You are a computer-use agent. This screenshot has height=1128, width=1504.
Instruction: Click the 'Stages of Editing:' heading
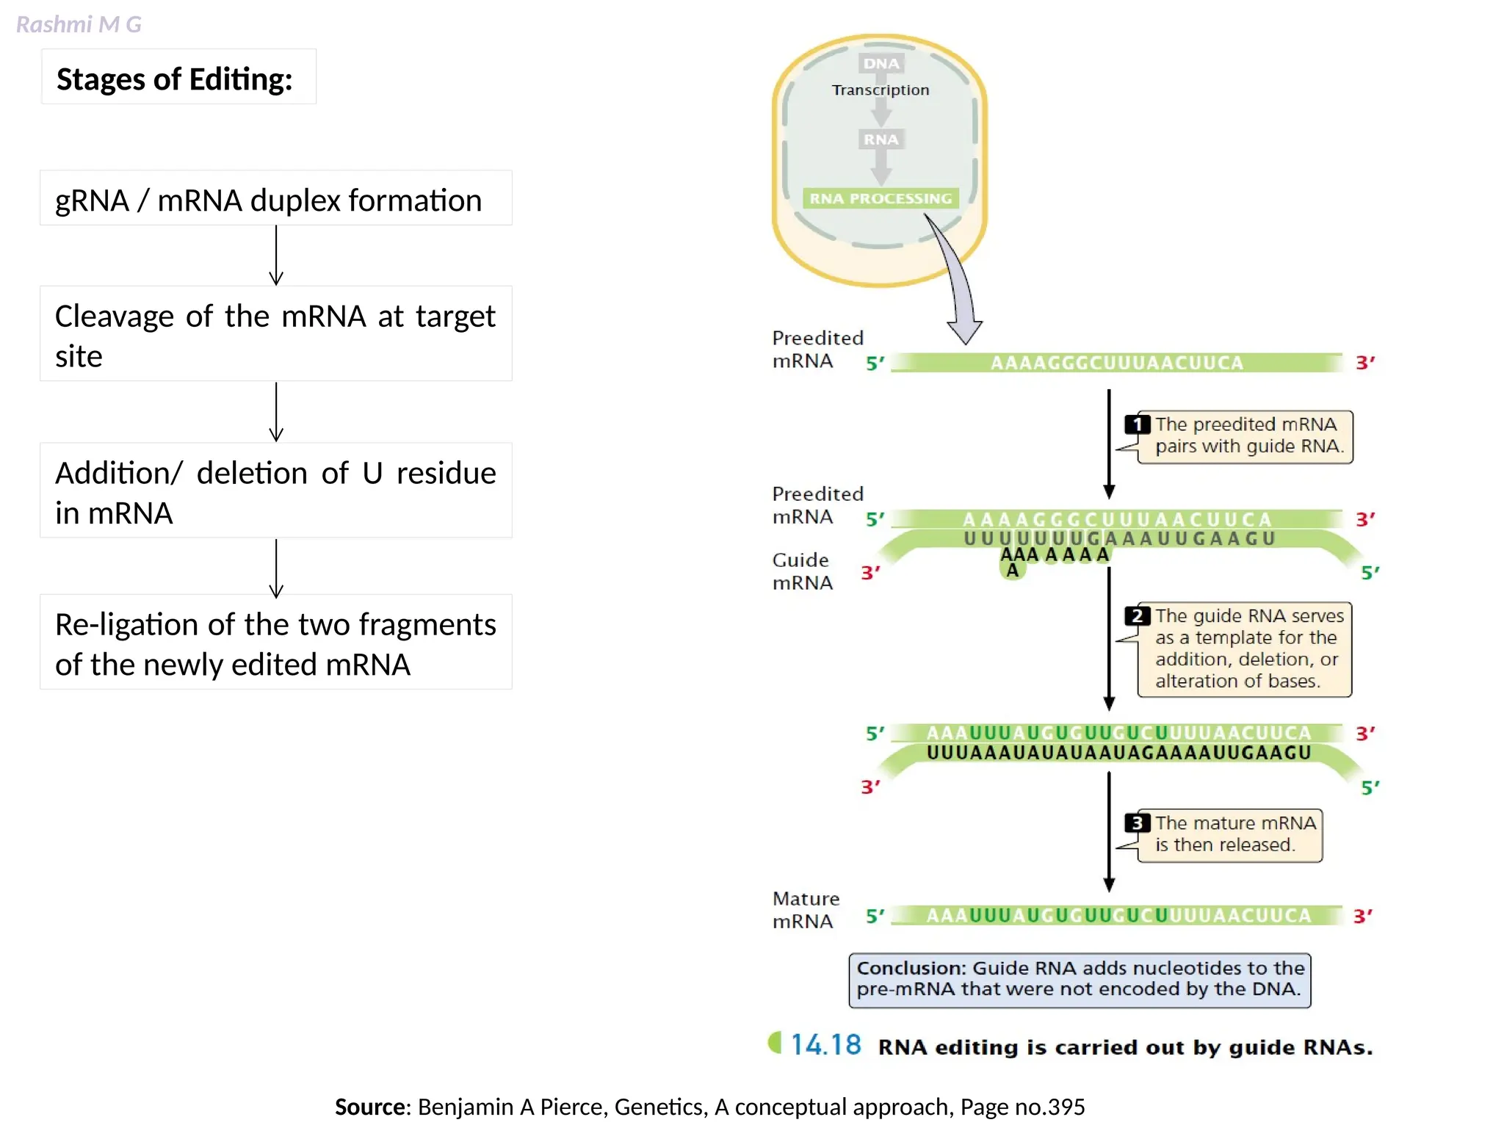pyautogui.click(x=175, y=79)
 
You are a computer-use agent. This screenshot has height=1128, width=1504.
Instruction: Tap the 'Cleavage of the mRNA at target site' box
pyautogui.click(x=275, y=335)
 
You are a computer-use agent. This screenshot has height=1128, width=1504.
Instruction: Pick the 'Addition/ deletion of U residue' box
pyautogui.click(x=275, y=492)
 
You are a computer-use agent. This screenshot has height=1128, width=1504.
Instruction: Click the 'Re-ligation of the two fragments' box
pyautogui.click(x=275, y=643)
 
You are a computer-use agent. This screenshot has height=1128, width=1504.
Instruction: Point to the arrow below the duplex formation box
pyautogui.click(x=276, y=256)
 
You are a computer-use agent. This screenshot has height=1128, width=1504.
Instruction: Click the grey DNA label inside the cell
pyautogui.click(x=881, y=64)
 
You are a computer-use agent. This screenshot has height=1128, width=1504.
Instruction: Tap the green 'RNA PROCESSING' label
pyautogui.click(x=881, y=198)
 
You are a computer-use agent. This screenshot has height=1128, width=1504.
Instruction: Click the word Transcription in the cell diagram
pyautogui.click(x=881, y=90)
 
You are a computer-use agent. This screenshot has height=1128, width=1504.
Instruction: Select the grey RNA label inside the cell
pyautogui.click(x=881, y=140)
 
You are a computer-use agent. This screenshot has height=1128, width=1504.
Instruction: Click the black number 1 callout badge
pyautogui.click(x=1138, y=424)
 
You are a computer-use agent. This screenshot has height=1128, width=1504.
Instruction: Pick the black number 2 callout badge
pyautogui.click(x=1138, y=615)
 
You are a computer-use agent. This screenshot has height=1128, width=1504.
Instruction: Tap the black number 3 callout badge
pyautogui.click(x=1138, y=822)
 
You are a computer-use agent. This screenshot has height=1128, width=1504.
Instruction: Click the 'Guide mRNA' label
pyautogui.click(x=802, y=571)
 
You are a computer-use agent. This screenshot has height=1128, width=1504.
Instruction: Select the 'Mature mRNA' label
pyautogui.click(x=805, y=909)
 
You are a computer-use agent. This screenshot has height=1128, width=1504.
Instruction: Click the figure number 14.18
pyautogui.click(x=825, y=1045)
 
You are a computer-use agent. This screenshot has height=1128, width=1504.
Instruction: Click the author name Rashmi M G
pyautogui.click(x=79, y=24)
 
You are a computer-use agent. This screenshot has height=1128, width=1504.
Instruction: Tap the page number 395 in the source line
pyautogui.click(x=1066, y=1107)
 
